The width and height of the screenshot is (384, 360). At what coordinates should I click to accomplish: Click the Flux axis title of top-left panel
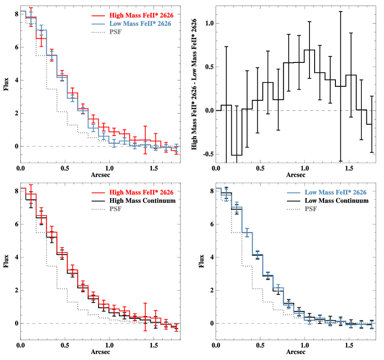pos(6,86)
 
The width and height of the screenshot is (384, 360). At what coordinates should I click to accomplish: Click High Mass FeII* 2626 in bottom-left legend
pos(142,192)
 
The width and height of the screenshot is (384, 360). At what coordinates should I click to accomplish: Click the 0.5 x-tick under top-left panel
pos(65,169)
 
